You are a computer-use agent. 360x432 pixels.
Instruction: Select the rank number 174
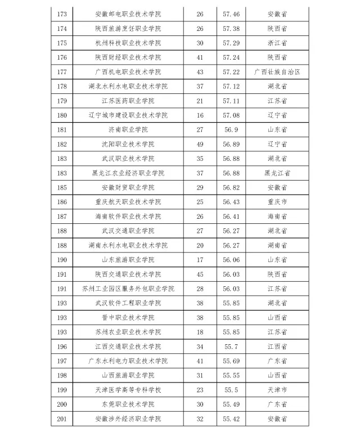62,28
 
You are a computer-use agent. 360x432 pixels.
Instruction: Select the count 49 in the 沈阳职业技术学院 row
200,144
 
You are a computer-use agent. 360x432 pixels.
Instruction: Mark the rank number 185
62,187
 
